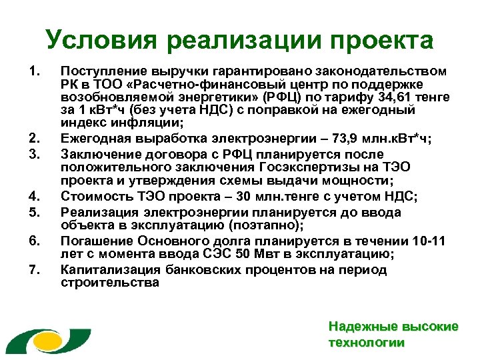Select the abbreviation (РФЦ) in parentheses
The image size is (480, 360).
click(x=286, y=96)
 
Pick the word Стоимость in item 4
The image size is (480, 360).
click(x=92, y=196)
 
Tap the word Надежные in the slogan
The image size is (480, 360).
click(x=355, y=327)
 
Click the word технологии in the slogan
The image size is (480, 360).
click(x=367, y=343)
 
